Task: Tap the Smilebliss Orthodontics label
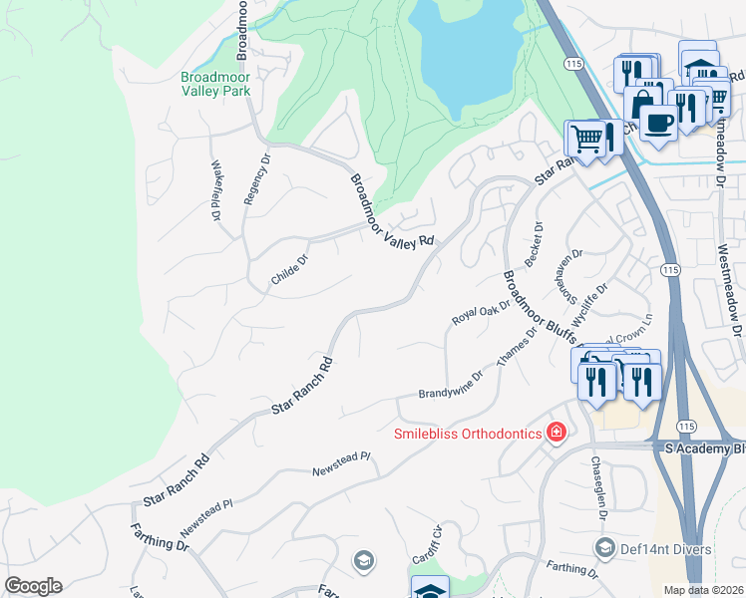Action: [467, 433]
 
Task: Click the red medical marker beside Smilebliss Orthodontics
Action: [556, 433]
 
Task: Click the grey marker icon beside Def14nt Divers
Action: [603, 548]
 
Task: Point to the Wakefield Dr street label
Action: [215, 190]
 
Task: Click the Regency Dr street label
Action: [250, 179]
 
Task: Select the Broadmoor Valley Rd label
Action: [393, 211]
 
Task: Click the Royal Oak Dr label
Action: [481, 314]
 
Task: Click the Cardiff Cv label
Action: [436, 542]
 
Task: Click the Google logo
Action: [33, 586]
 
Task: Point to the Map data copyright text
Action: [704, 590]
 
